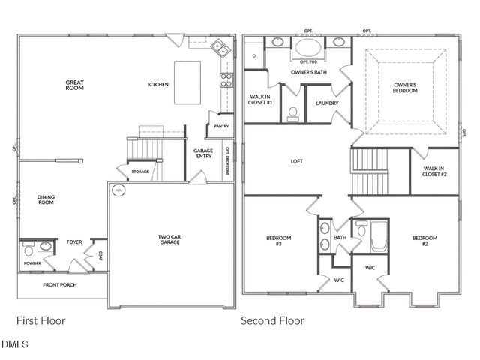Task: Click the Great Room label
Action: click(x=74, y=85)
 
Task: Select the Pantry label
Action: click(x=221, y=127)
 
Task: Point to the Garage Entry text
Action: click(x=203, y=154)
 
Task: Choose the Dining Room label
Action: click(x=46, y=199)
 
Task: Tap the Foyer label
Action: click(x=74, y=242)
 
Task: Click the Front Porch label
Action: click(x=59, y=285)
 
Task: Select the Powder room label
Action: click(x=31, y=263)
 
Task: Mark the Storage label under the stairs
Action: click(x=140, y=172)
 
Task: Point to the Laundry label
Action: click(x=327, y=103)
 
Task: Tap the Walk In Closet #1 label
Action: click(x=261, y=99)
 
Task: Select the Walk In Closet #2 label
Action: click(x=434, y=171)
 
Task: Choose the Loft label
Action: click(x=297, y=161)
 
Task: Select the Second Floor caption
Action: click(x=272, y=320)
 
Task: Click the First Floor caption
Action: click(x=41, y=320)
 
